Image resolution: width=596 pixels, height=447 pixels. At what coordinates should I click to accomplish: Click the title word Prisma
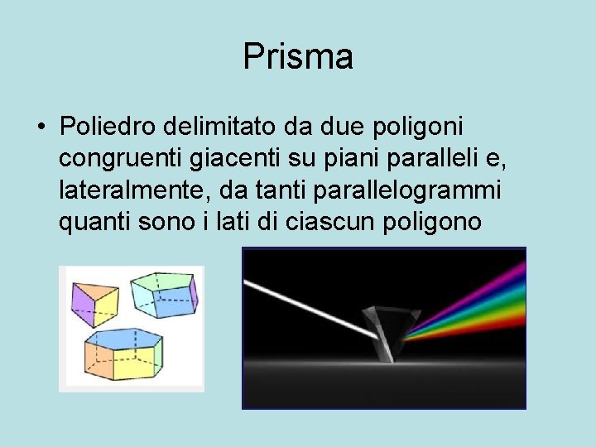(x=298, y=57)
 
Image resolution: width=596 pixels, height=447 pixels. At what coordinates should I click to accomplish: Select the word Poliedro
(x=108, y=128)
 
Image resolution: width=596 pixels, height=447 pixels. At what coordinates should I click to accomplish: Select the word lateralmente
(x=135, y=190)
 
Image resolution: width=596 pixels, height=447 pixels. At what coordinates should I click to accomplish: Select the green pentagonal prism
(x=165, y=294)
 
